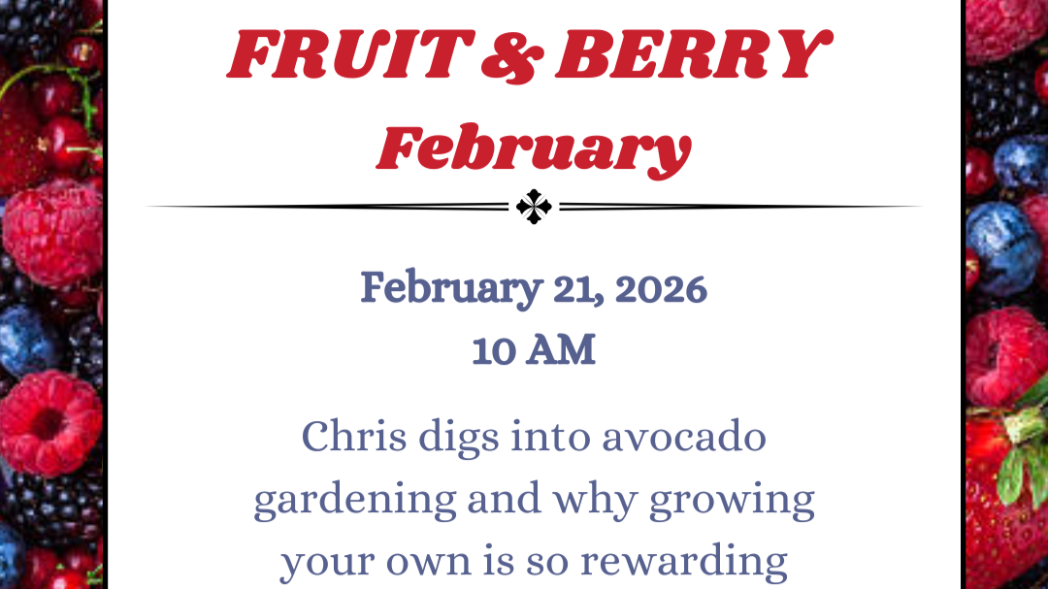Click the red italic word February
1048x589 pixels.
click(x=534, y=148)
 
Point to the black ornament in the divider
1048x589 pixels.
click(x=534, y=206)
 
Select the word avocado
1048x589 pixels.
click(x=684, y=437)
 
